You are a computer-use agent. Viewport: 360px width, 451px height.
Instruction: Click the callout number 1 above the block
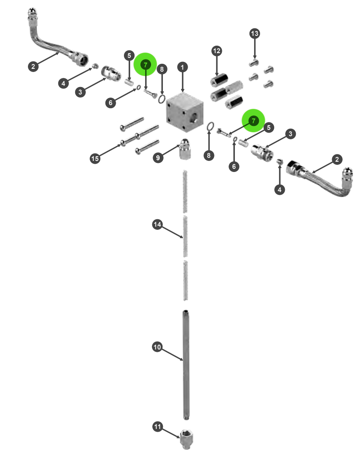pos(182,67)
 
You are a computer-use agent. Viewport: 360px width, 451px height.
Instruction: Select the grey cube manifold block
pos(185,112)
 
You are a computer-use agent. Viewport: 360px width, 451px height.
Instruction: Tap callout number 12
pos(216,51)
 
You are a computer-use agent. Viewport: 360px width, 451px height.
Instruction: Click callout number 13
pos(255,34)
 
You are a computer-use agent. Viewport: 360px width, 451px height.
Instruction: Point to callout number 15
pos(95,159)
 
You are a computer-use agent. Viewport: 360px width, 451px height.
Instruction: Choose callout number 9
pos(158,158)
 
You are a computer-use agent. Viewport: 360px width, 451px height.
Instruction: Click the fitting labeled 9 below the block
pos(184,149)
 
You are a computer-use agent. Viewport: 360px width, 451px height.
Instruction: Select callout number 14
pos(157,224)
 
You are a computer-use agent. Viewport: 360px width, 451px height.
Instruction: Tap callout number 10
pos(157,347)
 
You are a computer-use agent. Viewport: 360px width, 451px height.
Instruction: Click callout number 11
pos(157,427)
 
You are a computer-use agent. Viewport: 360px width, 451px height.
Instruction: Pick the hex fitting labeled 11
pos(186,439)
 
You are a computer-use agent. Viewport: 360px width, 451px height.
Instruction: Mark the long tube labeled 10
pos(186,365)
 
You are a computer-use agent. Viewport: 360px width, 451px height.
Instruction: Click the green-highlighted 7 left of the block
pos(146,65)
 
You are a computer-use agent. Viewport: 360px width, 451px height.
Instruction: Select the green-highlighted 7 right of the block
pos(253,121)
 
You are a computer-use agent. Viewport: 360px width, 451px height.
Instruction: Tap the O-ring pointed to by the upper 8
pos(162,99)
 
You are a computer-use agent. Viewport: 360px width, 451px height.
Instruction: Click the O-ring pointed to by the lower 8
pos(210,126)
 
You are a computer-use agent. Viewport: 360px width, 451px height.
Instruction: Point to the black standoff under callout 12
pos(219,79)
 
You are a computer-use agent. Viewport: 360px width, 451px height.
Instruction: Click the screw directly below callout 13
pos(254,63)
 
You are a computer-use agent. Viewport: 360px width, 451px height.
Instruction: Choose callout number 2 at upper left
pos(33,67)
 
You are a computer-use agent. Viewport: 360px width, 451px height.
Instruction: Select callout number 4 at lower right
pos(279,190)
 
